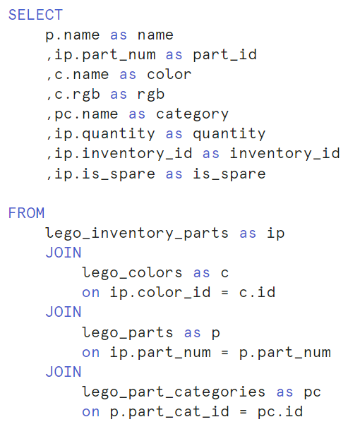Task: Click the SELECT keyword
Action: [35, 15]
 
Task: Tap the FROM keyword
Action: [26, 213]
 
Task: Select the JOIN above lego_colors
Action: [64, 253]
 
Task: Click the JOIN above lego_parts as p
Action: [64, 312]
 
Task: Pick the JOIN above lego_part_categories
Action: [64, 372]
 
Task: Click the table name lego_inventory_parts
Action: [137, 234]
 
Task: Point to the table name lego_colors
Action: [132, 273]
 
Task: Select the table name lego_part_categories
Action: [174, 392]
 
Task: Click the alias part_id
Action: [224, 55]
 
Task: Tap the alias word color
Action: [169, 74]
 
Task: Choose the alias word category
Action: [192, 114]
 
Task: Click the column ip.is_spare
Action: [105, 174]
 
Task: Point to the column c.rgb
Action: [77, 95]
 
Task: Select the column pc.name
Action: [86, 114]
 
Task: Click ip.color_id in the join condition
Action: [160, 293]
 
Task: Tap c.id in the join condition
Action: [257, 292]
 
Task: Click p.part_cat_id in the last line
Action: [169, 412]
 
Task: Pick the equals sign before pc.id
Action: [243, 412]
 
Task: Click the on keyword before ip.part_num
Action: [90, 353]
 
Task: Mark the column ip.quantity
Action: [105, 134]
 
